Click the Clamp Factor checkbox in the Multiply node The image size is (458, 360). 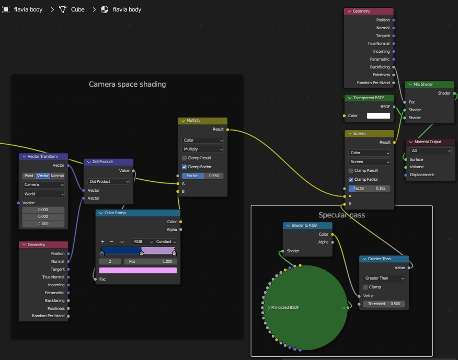pos(185,167)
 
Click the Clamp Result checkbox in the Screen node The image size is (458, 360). pos(351,170)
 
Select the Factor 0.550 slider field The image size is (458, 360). pos(202,176)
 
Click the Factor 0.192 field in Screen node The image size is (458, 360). pos(369,188)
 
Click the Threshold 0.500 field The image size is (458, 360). pos(384,304)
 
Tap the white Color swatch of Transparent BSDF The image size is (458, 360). pos(378,115)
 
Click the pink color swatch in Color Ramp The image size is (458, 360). pos(138,270)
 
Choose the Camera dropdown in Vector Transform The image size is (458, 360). pos(43,185)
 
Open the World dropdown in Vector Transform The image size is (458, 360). pos(43,194)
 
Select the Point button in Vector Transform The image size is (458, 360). pos(29,176)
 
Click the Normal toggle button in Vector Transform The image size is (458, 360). pos(58,176)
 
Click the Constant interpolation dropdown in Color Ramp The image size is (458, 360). pos(166,242)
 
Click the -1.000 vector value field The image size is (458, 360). pos(43,224)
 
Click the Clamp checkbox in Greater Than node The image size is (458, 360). pos(365,287)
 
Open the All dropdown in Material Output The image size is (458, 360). pos(430,150)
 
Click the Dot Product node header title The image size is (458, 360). pos(102,162)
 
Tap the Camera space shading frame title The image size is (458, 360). pos(128,84)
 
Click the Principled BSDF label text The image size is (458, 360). pos(285,307)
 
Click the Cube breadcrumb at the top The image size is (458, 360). pos(78,9)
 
